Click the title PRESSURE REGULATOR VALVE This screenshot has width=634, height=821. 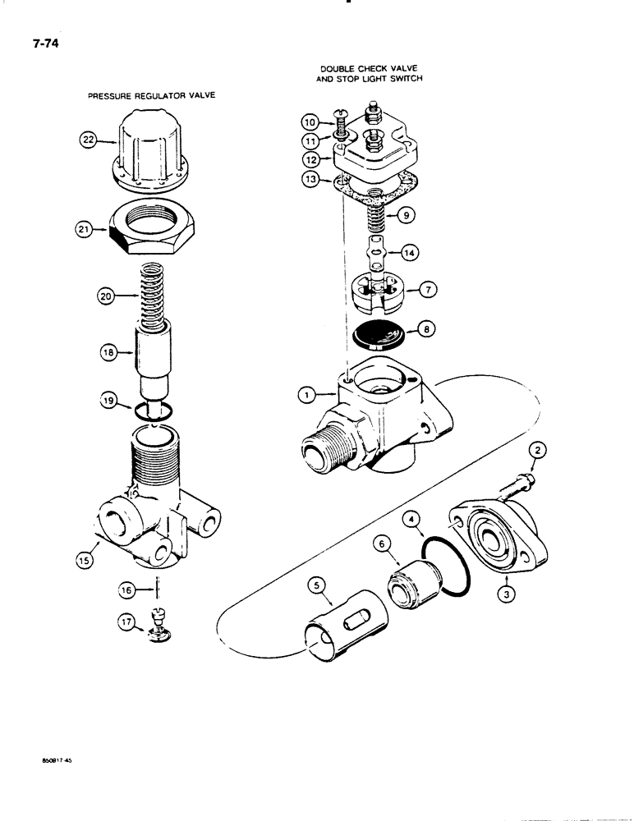[x=151, y=95]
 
